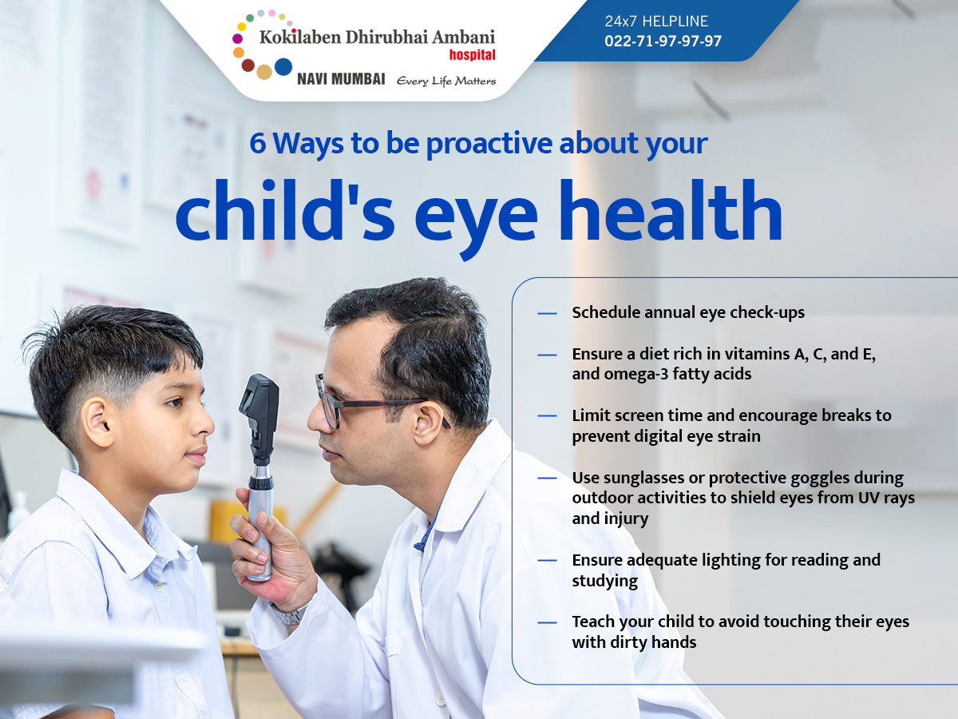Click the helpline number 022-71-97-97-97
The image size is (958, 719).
point(663,41)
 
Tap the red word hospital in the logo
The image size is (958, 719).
point(473,55)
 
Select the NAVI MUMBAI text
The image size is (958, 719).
point(341,79)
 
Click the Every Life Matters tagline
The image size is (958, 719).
point(446,81)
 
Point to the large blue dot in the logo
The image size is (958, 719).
point(283,67)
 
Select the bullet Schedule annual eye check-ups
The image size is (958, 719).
point(688,313)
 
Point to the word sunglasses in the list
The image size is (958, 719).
point(641,479)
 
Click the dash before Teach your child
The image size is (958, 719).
point(547,622)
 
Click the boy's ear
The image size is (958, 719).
point(98,422)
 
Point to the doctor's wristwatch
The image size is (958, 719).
point(290,613)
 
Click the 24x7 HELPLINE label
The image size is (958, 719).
point(656,21)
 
